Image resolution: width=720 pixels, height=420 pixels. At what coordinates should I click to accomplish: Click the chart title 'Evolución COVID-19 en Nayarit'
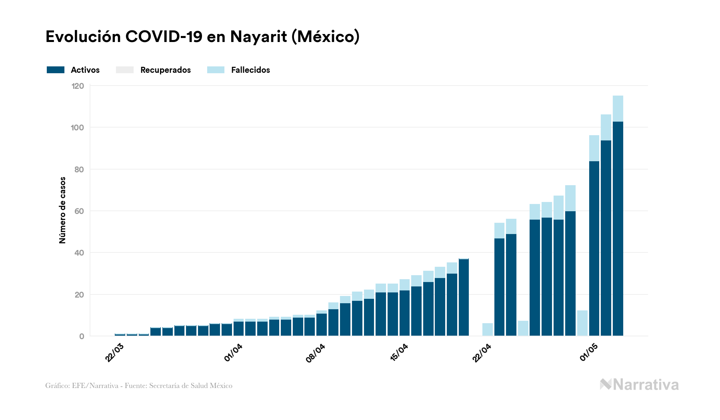click(202, 36)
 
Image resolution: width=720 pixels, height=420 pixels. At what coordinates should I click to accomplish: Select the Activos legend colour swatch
click(56, 70)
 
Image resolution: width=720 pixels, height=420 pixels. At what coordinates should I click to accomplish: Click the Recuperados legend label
click(165, 70)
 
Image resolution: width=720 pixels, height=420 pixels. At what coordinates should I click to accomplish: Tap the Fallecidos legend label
click(250, 70)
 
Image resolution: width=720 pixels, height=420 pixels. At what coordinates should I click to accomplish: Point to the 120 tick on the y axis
click(78, 86)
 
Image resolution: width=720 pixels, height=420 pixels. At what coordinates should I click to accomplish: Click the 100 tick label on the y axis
click(78, 128)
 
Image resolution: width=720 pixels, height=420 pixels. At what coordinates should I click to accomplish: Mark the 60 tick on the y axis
click(79, 211)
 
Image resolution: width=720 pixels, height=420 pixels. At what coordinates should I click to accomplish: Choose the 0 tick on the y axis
click(82, 336)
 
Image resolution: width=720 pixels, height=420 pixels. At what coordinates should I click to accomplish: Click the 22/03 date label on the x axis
click(114, 352)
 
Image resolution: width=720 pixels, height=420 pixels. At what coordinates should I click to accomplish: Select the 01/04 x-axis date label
click(233, 352)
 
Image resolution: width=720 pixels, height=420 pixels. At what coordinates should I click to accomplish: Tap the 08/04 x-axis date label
click(316, 352)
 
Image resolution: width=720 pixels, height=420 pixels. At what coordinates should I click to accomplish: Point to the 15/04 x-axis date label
click(399, 352)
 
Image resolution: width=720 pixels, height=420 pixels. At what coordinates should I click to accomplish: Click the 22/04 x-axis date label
click(482, 352)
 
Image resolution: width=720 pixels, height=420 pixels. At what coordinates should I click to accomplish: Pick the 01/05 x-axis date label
click(588, 352)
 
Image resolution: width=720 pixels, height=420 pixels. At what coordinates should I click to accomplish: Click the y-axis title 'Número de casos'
click(62, 210)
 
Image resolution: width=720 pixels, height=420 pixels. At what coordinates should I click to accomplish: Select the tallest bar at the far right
click(618, 216)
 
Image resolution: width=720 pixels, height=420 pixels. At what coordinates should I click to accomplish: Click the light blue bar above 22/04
click(488, 330)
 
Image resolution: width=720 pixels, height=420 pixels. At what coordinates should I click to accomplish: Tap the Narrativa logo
click(639, 385)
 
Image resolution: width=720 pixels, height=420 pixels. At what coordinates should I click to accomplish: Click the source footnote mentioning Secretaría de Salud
click(139, 386)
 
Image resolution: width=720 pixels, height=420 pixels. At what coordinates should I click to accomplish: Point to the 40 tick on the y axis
click(79, 253)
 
